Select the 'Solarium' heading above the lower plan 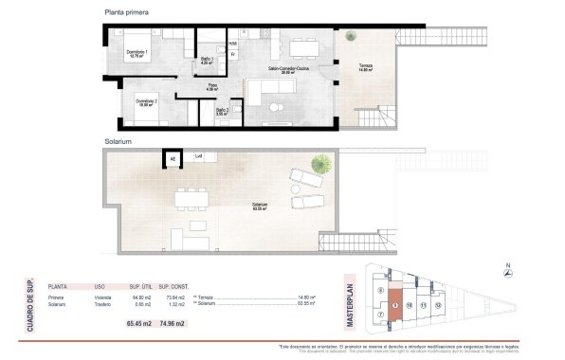[x=119, y=141]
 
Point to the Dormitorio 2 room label [x=145, y=101]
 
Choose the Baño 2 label [x=222, y=110]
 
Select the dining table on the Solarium [x=193, y=197]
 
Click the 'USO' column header [x=100, y=284]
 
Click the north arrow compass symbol [x=508, y=271]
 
